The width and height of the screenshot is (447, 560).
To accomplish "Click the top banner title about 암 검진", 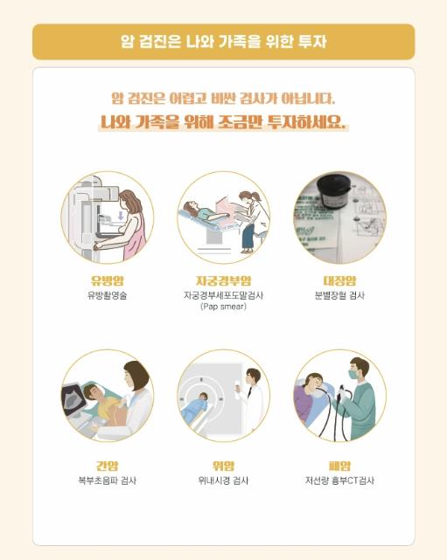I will pyautogui.click(x=223, y=41).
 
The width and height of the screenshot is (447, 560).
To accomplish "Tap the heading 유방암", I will pyautogui.click(x=108, y=280).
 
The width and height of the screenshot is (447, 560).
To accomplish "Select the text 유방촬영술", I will pyautogui.click(x=108, y=296).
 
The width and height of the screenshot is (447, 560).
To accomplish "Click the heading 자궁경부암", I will pyautogui.click(x=223, y=280).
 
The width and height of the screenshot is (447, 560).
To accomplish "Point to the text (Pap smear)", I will pyautogui.click(x=223, y=307).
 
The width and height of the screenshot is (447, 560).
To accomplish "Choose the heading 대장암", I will pyautogui.click(x=339, y=280).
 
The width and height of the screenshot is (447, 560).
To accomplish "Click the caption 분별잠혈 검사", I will pyautogui.click(x=339, y=296).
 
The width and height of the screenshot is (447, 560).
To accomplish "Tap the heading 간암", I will pyautogui.click(x=108, y=466).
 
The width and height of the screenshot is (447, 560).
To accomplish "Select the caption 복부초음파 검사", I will pyautogui.click(x=108, y=480).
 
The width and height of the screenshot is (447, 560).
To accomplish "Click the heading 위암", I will pyautogui.click(x=223, y=466).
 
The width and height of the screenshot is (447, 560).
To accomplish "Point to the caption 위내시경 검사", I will pyautogui.click(x=223, y=480).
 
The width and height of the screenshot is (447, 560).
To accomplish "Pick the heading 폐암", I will pyautogui.click(x=339, y=466).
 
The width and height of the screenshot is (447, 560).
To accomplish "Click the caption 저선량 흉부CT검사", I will pyautogui.click(x=339, y=480).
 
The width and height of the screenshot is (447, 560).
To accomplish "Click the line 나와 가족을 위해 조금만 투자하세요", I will pyautogui.click(x=223, y=123).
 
